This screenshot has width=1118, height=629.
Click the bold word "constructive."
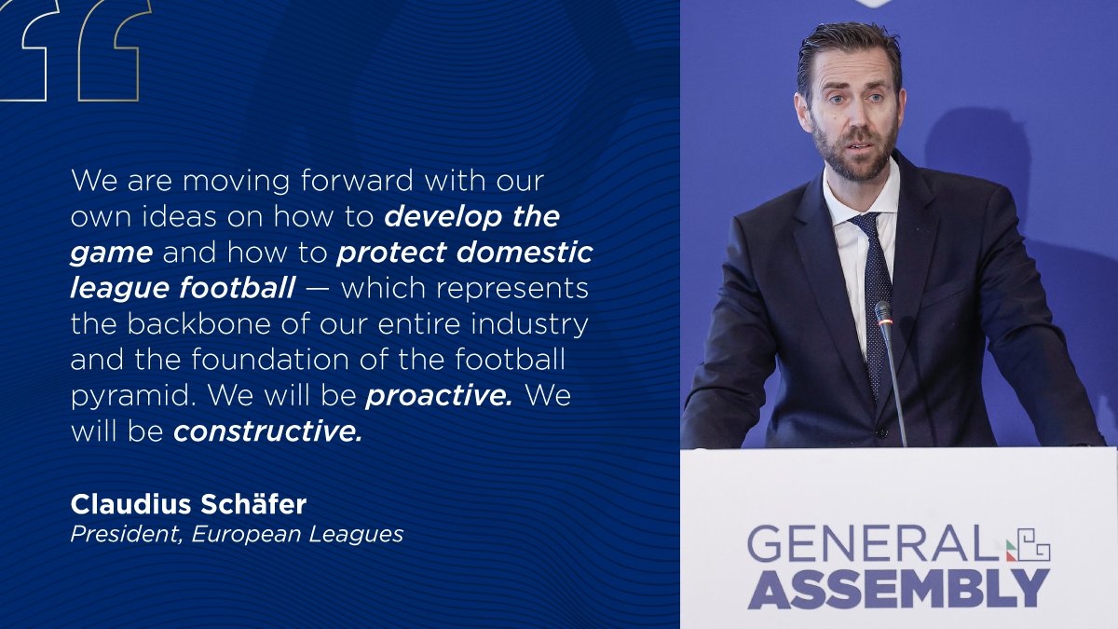point(268,431)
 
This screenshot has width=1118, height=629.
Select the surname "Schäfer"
point(252,504)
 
